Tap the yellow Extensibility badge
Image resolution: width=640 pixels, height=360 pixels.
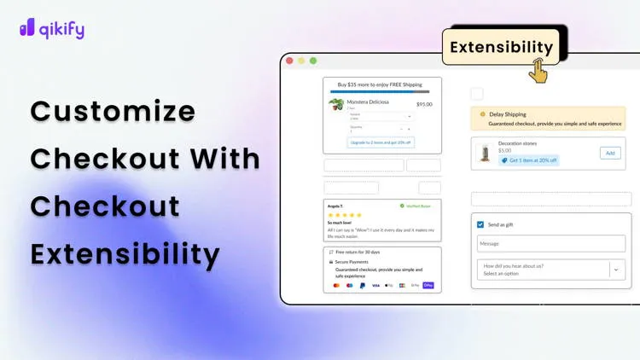501,47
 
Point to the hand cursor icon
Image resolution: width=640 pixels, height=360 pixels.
538,71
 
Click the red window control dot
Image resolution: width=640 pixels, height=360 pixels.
290,61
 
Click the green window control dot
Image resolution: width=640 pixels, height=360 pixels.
313,61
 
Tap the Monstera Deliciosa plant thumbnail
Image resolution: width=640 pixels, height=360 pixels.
336,106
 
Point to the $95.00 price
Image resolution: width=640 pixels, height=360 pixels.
424,104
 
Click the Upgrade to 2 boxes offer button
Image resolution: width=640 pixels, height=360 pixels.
381,142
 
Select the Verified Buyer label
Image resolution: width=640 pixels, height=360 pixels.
416,206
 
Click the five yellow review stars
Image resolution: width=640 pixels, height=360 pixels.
345,215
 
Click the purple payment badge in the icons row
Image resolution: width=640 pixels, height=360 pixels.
428,285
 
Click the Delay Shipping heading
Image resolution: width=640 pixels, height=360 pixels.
508,113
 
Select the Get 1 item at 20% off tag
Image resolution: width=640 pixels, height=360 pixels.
529,160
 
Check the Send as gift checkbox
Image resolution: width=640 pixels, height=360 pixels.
480,224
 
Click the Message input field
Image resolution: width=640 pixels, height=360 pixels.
550,244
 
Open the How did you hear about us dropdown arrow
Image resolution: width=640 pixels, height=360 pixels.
616,270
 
